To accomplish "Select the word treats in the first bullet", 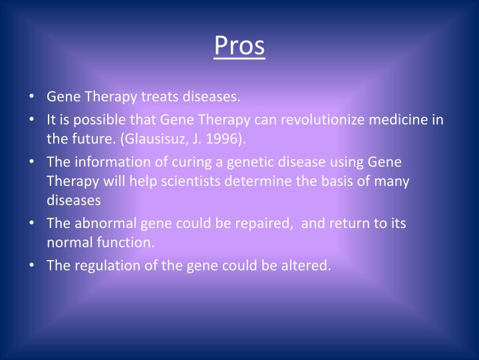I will pyautogui.click(x=158, y=98).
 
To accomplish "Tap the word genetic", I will pyautogui.click(x=231, y=162).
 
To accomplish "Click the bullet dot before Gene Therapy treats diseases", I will pyautogui.click(x=33, y=98).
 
